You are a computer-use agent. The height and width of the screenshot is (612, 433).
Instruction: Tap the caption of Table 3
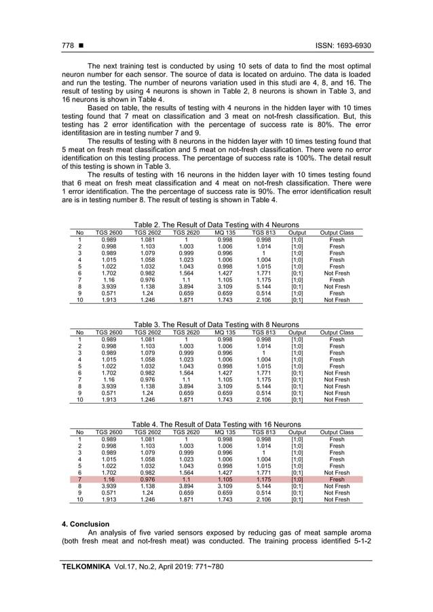coord(216,325)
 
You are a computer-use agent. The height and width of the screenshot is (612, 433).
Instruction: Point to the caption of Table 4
coord(216,424)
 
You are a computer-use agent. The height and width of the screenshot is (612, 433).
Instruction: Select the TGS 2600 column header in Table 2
coord(109,233)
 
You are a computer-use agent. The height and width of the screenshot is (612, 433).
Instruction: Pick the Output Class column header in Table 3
coord(337,332)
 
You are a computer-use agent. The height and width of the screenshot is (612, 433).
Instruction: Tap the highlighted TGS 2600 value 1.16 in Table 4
coord(109,479)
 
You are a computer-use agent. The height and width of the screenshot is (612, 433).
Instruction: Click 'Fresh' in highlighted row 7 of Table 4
coord(337,479)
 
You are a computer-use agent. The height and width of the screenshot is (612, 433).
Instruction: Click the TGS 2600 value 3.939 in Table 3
coord(109,386)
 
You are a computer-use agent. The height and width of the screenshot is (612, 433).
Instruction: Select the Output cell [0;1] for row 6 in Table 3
coord(297,372)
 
